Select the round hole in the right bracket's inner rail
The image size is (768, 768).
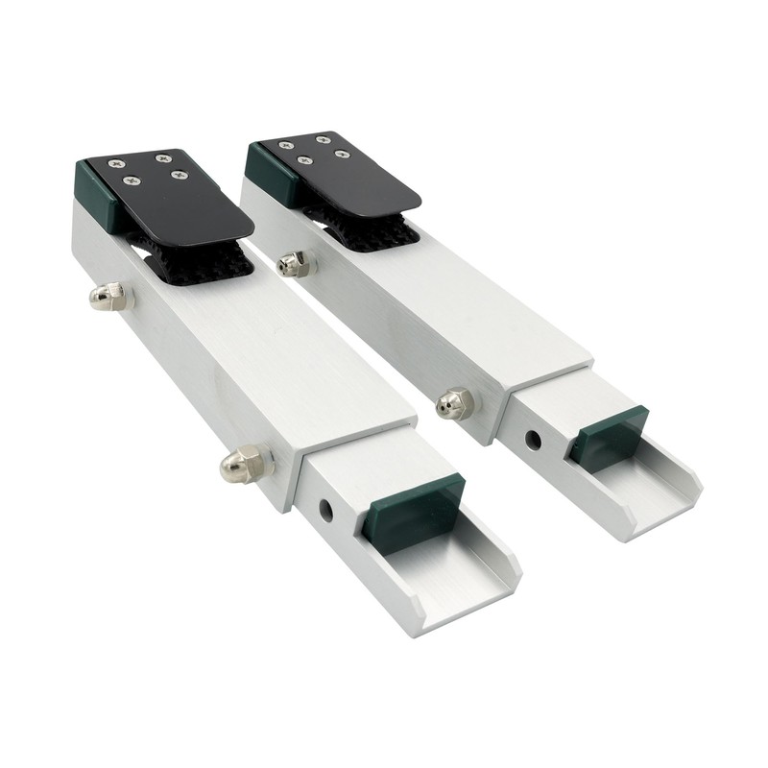pos(531,441)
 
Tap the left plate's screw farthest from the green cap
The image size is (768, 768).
pos(177,174)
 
